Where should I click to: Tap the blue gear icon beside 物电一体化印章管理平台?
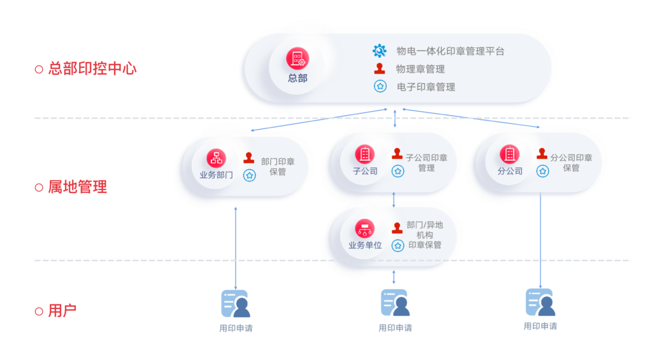click(380, 51)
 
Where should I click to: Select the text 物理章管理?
click(420, 69)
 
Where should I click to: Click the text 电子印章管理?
click(426, 86)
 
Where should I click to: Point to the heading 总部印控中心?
click(92, 69)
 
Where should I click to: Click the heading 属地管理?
click(77, 187)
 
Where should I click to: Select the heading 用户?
click(62, 311)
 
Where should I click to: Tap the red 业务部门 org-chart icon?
click(216, 158)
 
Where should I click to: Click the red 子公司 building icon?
click(365, 155)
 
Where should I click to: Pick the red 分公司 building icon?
click(509, 155)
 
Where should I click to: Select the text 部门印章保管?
click(278, 166)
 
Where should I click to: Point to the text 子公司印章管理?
click(427, 163)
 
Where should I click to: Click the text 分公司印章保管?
click(571, 163)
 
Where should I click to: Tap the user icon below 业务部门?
click(235, 303)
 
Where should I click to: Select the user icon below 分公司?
click(540, 302)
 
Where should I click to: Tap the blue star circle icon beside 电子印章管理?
click(380, 86)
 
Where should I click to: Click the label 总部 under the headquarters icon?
click(297, 78)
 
